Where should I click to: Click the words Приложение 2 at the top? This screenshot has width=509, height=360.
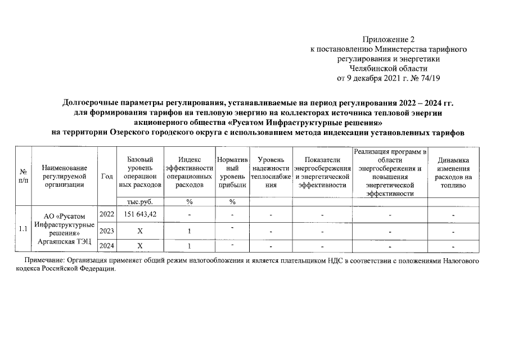(x=388, y=40)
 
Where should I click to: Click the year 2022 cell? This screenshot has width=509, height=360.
(x=107, y=214)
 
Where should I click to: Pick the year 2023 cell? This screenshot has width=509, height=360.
(x=107, y=231)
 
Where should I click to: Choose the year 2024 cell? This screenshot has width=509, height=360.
(x=107, y=245)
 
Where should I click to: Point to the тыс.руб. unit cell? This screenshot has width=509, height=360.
(x=140, y=201)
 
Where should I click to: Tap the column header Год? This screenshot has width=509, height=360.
(x=107, y=176)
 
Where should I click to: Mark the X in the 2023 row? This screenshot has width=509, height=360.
(x=140, y=231)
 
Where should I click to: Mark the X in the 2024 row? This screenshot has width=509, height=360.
(x=140, y=245)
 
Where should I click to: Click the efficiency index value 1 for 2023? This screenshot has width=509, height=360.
(x=190, y=231)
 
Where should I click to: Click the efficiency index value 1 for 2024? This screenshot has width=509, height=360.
(x=190, y=245)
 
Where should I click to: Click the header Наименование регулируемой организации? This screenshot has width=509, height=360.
(x=64, y=176)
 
